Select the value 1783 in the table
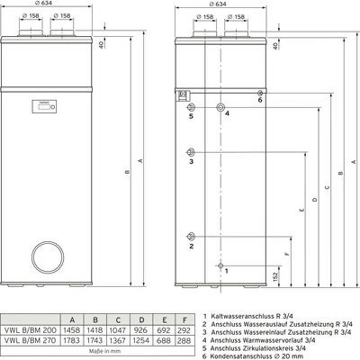point(71,341)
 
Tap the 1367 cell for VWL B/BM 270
point(118,341)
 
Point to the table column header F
point(184,319)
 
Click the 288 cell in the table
point(184,341)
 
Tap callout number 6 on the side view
point(259,100)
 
